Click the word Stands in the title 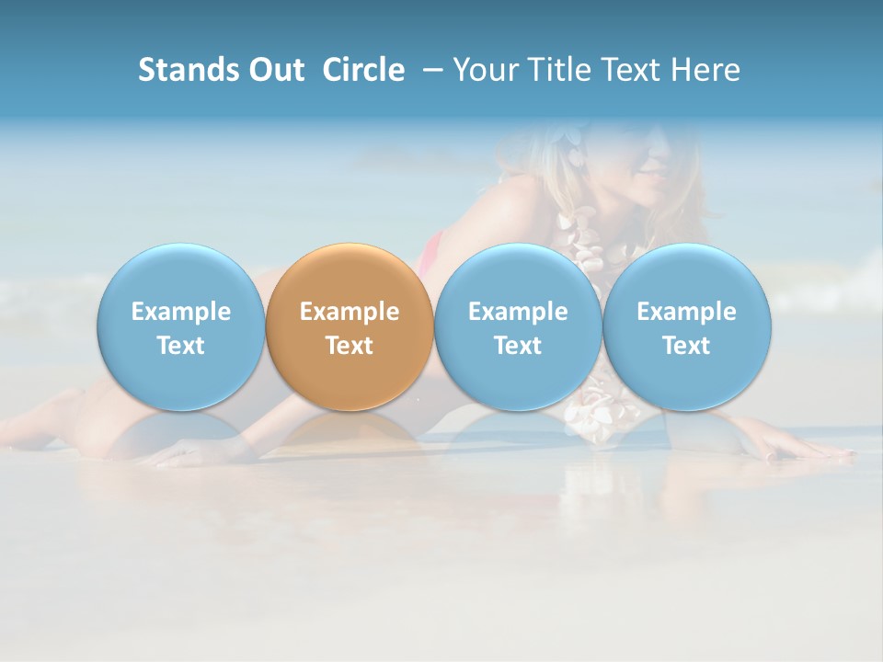(x=188, y=70)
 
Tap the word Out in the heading (x=275, y=70)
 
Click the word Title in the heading (x=550, y=70)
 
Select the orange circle (x=350, y=327)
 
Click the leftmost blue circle (x=180, y=327)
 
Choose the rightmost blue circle (x=687, y=327)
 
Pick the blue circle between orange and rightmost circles (x=518, y=327)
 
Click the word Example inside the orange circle (x=350, y=312)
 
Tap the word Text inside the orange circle (x=350, y=346)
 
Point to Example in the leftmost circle (x=180, y=312)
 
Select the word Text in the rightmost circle (x=687, y=346)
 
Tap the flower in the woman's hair (x=576, y=152)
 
